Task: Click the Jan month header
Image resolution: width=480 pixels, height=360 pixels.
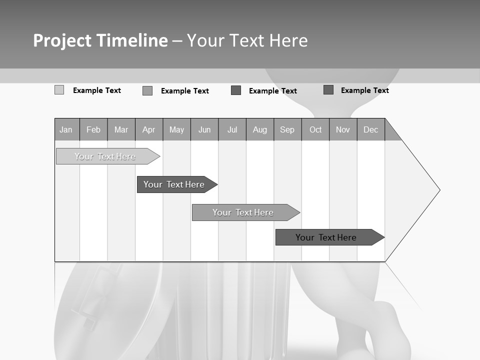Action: [66, 130]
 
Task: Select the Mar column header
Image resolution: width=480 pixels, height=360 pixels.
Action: [121, 130]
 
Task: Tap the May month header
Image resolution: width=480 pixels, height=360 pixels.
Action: [176, 130]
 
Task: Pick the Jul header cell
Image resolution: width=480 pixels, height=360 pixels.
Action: [232, 130]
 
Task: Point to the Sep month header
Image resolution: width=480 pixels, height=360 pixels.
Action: [287, 130]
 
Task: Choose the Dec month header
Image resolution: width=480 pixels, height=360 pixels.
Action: [370, 130]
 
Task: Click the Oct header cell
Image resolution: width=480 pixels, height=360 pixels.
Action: [315, 130]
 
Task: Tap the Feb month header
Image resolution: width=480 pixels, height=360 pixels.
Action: [93, 130]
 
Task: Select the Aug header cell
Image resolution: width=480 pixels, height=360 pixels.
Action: [259, 130]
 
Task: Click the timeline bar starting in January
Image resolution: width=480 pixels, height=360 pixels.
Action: [105, 156]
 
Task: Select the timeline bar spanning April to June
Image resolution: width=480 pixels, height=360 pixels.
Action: [174, 184]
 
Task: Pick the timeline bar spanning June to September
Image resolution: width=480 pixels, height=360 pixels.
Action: [243, 212]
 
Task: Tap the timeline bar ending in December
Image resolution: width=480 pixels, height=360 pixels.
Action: [326, 237]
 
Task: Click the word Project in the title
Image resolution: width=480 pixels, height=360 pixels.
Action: [62, 40]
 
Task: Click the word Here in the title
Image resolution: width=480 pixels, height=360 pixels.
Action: [288, 40]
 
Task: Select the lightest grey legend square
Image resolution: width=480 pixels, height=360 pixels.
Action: [59, 90]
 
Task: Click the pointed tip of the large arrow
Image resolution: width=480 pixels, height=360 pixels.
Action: [439, 190]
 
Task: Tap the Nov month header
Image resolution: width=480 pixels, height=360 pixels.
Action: [343, 130]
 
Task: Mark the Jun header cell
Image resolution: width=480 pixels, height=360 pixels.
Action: [204, 130]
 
